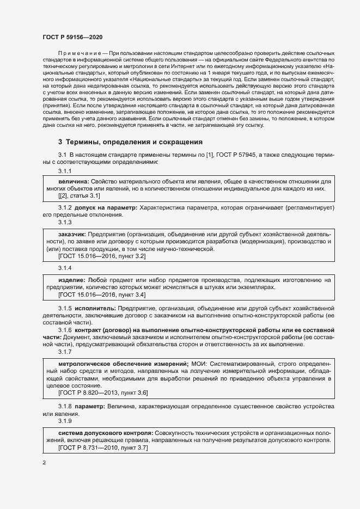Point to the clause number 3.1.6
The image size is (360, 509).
[65, 330]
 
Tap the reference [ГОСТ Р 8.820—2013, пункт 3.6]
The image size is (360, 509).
[103, 393]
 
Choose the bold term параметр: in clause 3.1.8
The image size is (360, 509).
[90, 406]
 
